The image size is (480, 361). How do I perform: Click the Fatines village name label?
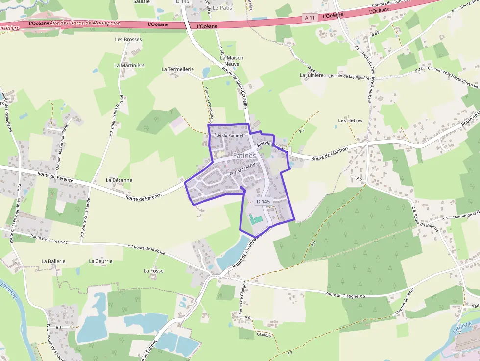coord(244,155)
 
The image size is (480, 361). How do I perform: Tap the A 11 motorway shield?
coord(309,18)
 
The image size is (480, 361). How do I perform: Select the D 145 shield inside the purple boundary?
coord(263,201)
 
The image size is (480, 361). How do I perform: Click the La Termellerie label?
coord(178,69)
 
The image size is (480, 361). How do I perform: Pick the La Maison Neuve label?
coord(232,61)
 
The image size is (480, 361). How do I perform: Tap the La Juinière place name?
coord(312,75)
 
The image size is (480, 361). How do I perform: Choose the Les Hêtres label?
coord(350,120)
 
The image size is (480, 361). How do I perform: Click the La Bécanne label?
coord(119,180)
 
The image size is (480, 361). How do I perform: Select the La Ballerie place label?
coord(53,261)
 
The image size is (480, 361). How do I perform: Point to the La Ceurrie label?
coord(101,261)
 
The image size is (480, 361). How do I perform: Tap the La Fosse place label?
coord(154,270)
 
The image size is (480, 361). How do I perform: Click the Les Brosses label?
coord(128,39)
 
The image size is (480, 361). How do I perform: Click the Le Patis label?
coord(222,8)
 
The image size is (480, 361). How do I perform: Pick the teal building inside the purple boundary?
coord(256,219)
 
